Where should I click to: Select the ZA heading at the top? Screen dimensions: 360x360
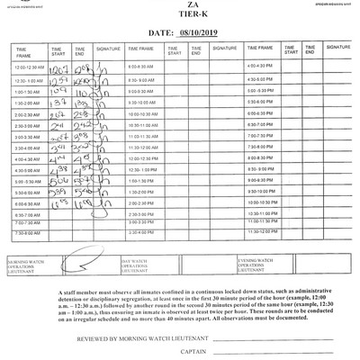pos(178,7)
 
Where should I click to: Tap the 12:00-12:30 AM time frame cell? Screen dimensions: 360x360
pos(29,68)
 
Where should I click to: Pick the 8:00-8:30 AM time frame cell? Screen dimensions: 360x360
pos(142,68)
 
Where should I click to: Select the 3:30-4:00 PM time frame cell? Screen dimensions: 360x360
pos(142,232)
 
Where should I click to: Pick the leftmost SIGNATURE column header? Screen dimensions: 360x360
pos(105,50)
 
